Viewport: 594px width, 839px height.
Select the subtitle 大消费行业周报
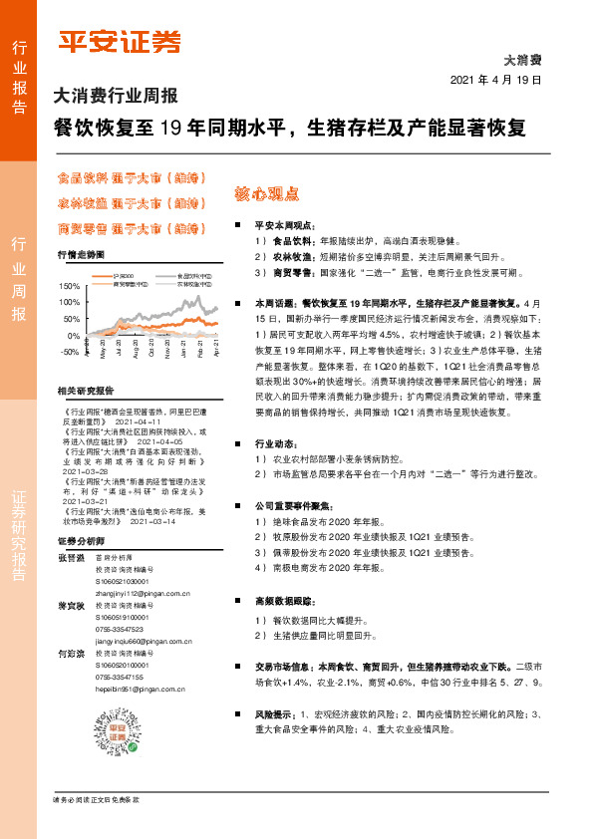115,98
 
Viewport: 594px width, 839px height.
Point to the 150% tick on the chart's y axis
69,287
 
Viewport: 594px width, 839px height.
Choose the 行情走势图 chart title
81,255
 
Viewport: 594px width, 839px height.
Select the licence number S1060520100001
122,665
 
